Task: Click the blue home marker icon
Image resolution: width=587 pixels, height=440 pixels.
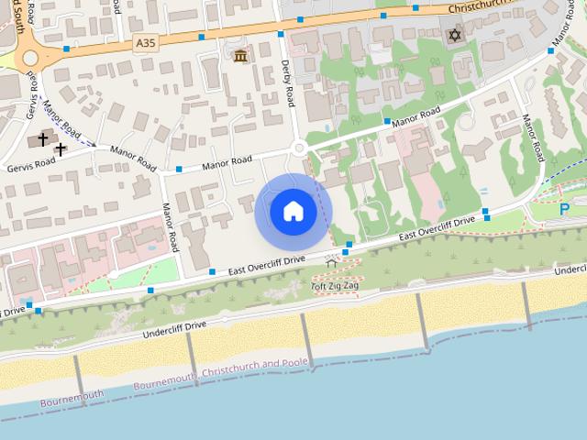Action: pyautogui.click(x=293, y=212)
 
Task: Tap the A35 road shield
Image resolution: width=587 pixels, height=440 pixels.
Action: pyautogui.click(x=144, y=42)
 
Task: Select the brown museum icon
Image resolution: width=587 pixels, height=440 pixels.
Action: pyautogui.click(x=240, y=58)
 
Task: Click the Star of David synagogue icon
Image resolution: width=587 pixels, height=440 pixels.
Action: pyautogui.click(x=453, y=35)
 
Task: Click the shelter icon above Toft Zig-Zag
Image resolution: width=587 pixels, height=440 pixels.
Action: pyautogui.click(x=330, y=265)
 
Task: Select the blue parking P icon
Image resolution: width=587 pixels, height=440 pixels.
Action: pyautogui.click(x=564, y=209)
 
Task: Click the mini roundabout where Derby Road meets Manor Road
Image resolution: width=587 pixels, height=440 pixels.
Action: pyautogui.click(x=298, y=148)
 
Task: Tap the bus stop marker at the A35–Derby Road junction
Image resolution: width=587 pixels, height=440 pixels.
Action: pyautogui.click(x=280, y=34)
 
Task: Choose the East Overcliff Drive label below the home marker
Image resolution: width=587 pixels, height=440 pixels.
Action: pyautogui.click(x=266, y=265)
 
